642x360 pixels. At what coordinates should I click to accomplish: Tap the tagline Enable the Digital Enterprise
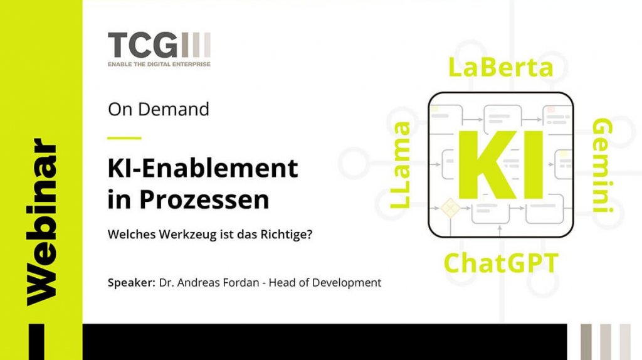(159, 64)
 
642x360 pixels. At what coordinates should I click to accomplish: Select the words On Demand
(159, 109)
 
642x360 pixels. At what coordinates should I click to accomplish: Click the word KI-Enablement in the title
(203, 168)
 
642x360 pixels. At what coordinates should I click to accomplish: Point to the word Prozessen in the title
(204, 199)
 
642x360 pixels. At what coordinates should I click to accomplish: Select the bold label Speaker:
(131, 282)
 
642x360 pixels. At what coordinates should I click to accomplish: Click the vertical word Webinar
(42, 222)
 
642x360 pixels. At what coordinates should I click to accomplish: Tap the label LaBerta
(501, 67)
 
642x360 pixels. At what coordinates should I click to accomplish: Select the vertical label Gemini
(603, 166)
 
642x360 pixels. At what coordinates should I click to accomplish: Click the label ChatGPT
(501, 263)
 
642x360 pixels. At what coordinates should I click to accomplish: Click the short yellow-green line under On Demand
(124, 138)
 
